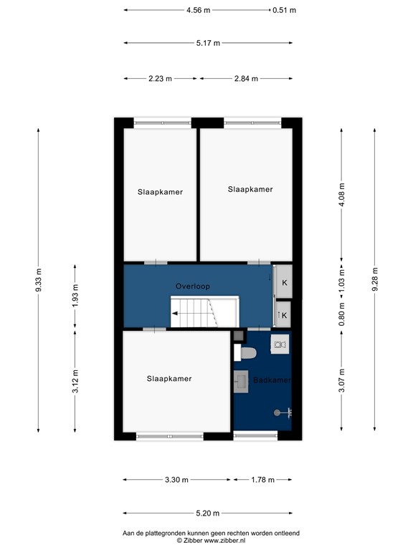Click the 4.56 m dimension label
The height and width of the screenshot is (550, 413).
pos(198,11)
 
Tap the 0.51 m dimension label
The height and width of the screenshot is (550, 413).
pos(284,11)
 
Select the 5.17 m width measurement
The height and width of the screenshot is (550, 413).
pos(208,44)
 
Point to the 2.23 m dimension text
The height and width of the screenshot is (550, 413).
pos(159,79)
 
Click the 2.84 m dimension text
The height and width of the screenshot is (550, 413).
pos(245,79)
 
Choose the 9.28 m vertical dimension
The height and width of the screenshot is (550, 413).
pos(374,279)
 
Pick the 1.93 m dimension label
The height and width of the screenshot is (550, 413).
pos(75,295)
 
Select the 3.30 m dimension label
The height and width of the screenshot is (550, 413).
pos(176,480)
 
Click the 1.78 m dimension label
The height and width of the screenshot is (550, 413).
pos(262,480)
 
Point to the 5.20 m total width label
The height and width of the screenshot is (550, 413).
pos(207,513)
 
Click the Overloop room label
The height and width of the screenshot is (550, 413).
pos(193,286)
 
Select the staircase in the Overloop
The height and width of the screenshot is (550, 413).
pos(203,314)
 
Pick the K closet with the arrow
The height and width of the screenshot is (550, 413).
pos(283,314)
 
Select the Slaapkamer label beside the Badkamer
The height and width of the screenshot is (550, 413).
pos(169,379)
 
